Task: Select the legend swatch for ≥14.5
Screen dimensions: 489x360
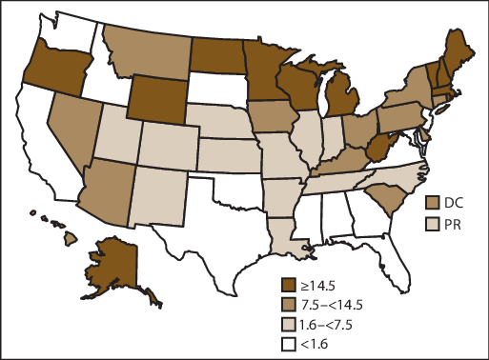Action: pyautogui.click(x=289, y=284)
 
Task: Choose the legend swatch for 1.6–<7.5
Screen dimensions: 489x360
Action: pyautogui.click(x=289, y=325)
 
